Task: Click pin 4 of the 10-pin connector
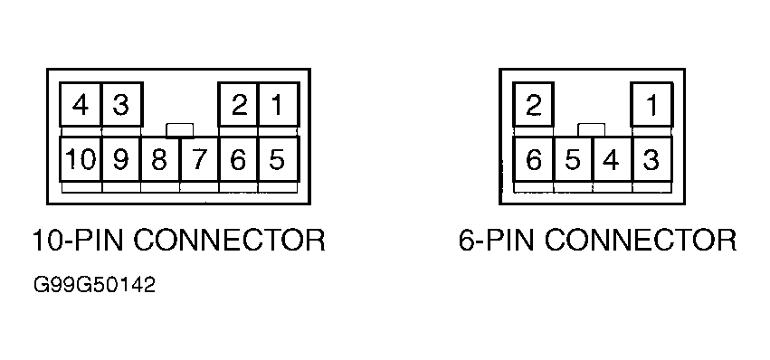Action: coord(81,105)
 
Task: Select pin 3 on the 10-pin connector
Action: coord(122,105)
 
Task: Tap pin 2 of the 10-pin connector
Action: coord(239,105)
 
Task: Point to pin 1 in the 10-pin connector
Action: coord(279,105)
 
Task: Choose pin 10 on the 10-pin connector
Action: coord(81,159)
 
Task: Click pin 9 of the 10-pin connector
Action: coord(121,159)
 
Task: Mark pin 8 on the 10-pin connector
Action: coord(161,159)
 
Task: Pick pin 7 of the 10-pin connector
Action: coord(200,159)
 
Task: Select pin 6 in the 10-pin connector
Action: coord(239,159)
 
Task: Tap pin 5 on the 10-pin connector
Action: coord(279,159)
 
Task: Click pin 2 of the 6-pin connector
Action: coord(534,105)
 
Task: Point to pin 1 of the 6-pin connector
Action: coord(652,105)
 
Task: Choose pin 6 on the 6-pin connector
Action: coord(534,159)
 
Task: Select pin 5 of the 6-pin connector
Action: coord(574,159)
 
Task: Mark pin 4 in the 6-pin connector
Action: coord(613,159)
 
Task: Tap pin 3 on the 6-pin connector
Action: coord(652,159)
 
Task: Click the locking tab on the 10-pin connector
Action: coord(180,130)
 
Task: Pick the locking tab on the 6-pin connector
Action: coord(592,130)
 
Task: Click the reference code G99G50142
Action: coord(94,285)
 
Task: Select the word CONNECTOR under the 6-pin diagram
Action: coord(641,241)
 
